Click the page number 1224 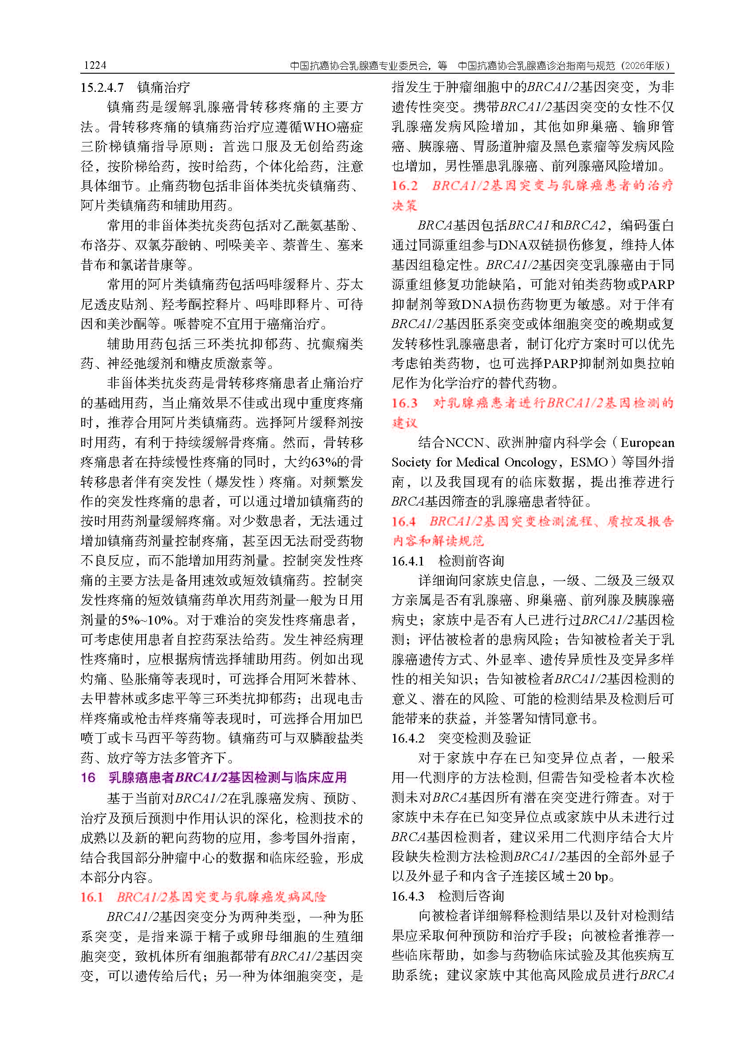[x=95, y=66]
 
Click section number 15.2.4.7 [x=102, y=87]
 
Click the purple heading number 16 [x=88, y=777]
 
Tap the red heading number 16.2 [x=404, y=186]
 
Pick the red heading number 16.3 [x=404, y=403]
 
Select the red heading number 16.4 [x=403, y=521]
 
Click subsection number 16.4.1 [x=408, y=561]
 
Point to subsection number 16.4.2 [x=408, y=738]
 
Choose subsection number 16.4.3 [x=408, y=896]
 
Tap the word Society [x=411, y=462]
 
